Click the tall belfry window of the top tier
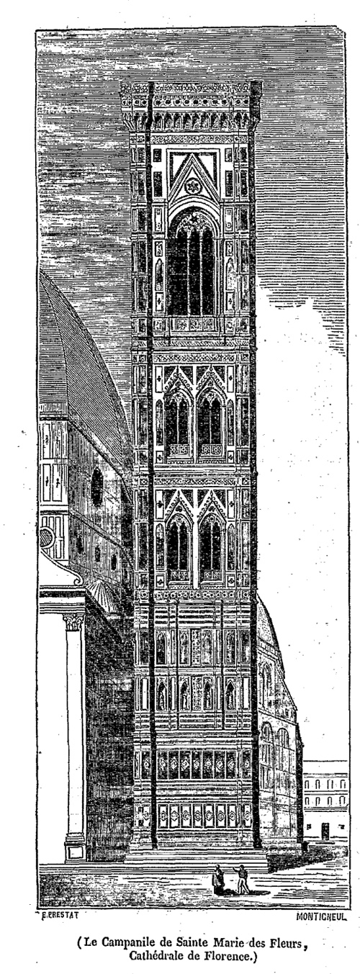pyautogui.click(x=192, y=265)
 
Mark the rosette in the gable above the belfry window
pyautogui.click(x=191, y=187)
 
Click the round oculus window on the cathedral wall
pyautogui.click(x=96, y=487)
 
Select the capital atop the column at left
pyautogui.click(x=74, y=622)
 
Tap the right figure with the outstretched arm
pyautogui.click(x=242, y=879)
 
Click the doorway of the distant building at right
pyautogui.click(x=325, y=831)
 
